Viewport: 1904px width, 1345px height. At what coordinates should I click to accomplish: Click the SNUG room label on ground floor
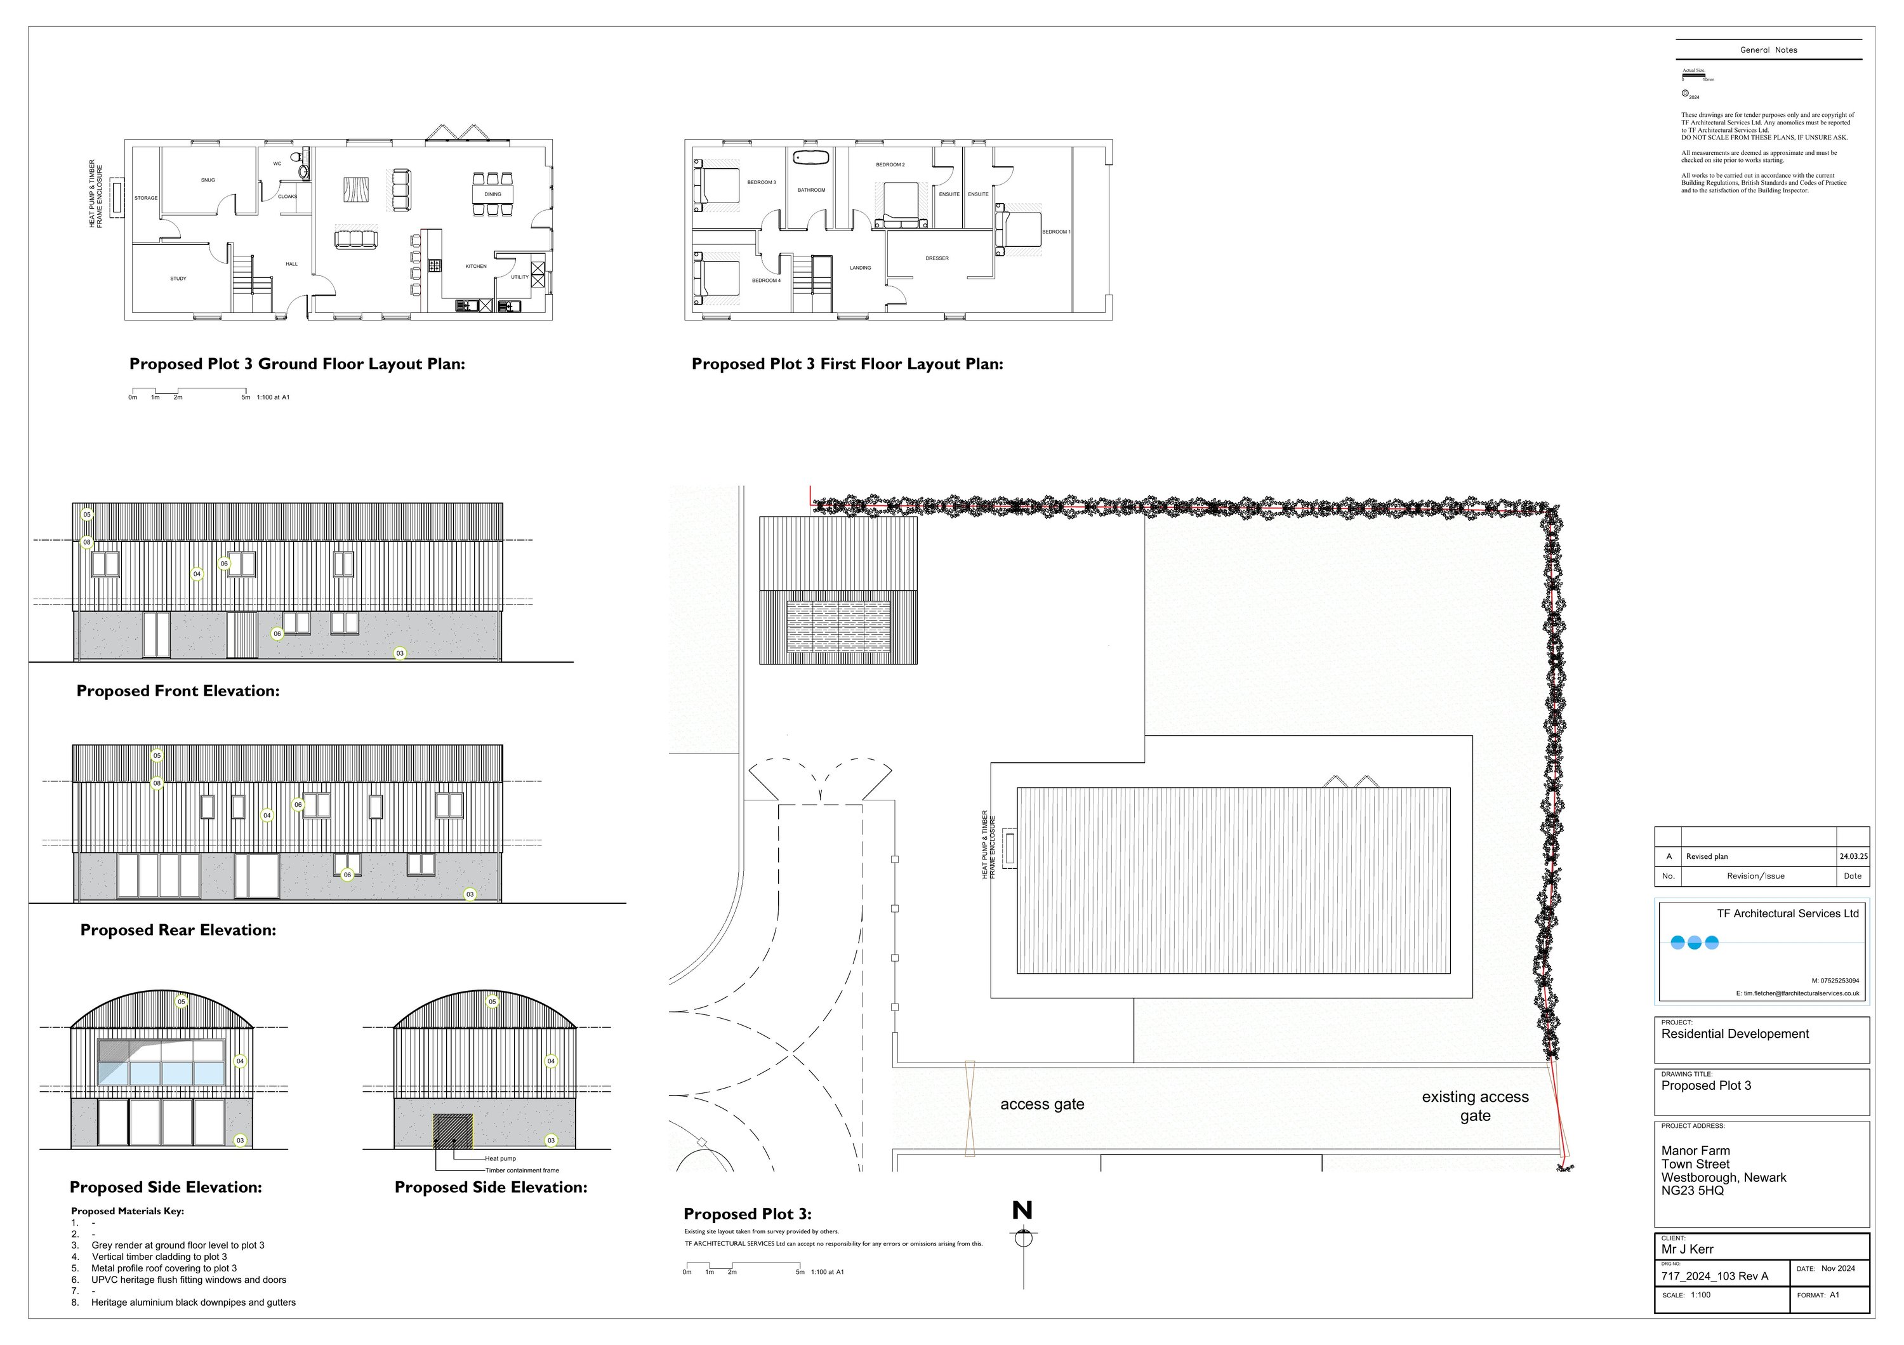tap(208, 180)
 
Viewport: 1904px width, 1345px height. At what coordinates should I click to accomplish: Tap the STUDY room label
tap(178, 279)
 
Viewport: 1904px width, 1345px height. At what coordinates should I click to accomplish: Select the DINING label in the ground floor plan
tap(493, 194)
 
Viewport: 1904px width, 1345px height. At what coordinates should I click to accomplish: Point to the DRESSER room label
tap(936, 258)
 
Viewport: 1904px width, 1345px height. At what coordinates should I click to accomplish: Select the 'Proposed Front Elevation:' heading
tap(178, 691)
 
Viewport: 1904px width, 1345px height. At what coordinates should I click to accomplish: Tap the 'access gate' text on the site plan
tap(1041, 1104)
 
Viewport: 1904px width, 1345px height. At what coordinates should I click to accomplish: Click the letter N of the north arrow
tap(1022, 1210)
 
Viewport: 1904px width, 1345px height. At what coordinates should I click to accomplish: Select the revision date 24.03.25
tap(1853, 857)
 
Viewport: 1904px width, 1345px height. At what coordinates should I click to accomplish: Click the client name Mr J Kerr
tap(1687, 1249)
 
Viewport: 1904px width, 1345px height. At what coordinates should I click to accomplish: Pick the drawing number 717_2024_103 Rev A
tap(1714, 1276)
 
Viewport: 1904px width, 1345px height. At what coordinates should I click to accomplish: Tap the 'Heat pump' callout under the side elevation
tap(500, 1158)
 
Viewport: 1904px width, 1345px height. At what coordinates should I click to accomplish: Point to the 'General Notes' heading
tap(1768, 50)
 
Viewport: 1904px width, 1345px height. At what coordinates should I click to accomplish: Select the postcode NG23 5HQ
tap(1692, 1191)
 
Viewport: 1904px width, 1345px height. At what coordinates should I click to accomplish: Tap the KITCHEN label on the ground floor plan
tap(476, 266)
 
